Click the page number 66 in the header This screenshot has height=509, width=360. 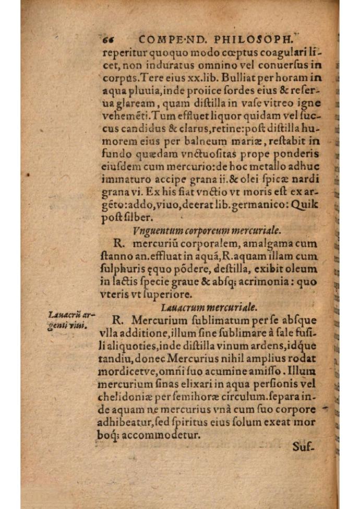point(109,38)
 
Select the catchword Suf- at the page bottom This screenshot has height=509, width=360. point(303,446)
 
